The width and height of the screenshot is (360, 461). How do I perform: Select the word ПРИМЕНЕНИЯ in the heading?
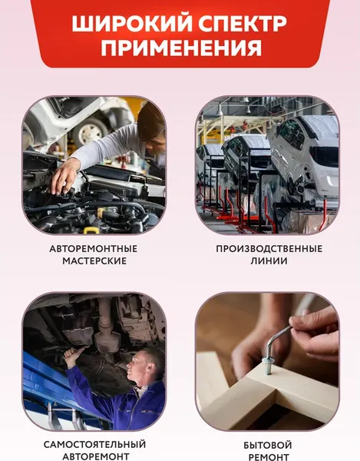point(180,49)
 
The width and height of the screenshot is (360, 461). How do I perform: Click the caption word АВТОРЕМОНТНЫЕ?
point(93,249)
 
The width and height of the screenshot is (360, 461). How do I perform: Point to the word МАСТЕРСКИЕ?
point(93,261)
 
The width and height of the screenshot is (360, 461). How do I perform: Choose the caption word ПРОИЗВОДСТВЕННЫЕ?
point(269,249)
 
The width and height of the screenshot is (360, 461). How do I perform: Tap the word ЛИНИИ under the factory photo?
point(269,261)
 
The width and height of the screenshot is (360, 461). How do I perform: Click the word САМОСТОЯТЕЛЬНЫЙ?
point(93,445)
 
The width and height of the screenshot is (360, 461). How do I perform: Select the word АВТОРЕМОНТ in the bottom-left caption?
point(93,457)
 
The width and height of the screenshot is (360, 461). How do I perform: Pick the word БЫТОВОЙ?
point(268,445)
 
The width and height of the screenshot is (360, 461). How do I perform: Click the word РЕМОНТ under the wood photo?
point(268,457)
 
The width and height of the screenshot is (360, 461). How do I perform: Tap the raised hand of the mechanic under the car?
point(74,354)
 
